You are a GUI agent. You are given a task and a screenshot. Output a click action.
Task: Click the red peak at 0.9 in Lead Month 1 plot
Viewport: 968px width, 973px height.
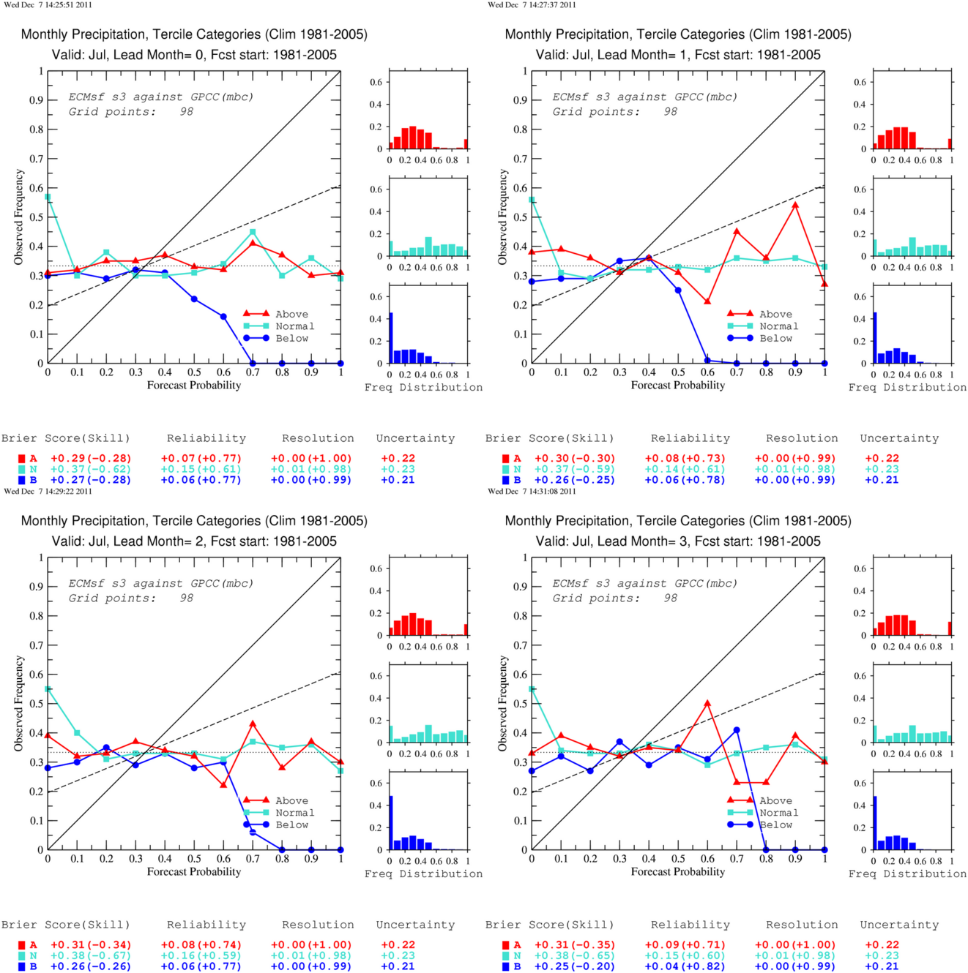(x=795, y=205)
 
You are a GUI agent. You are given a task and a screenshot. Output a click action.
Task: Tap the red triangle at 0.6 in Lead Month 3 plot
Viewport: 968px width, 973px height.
(x=707, y=703)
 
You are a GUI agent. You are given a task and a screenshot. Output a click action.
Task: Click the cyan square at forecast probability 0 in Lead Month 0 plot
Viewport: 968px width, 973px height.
(x=48, y=197)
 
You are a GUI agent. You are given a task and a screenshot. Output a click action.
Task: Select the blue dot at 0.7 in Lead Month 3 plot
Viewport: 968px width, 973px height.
(x=737, y=730)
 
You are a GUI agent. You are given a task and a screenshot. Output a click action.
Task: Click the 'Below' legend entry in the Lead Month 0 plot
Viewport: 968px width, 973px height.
(x=291, y=338)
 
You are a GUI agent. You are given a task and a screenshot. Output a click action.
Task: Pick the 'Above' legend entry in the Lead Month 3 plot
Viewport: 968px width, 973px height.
(x=775, y=801)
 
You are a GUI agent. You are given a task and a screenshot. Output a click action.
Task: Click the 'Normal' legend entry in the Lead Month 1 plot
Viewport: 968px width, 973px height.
(x=779, y=326)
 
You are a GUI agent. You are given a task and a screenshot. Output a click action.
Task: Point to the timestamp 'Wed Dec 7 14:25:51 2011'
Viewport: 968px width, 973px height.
(x=48, y=5)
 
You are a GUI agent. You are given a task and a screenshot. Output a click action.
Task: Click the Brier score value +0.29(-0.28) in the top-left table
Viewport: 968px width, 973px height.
(x=91, y=459)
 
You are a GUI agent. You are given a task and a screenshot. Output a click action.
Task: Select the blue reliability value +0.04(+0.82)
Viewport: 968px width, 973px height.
(x=685, y=966)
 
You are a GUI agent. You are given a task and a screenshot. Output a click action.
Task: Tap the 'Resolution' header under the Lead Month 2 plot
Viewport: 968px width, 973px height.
(x=318, y=925)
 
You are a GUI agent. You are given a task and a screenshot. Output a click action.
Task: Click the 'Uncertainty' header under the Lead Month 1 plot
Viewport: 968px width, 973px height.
(x=899, y=438)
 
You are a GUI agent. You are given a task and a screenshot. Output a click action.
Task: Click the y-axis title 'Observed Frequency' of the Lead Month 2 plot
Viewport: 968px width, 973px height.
(x=19, y=703)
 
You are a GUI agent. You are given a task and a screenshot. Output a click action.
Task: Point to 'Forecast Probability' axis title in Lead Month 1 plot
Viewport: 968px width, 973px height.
(x=678, y=386)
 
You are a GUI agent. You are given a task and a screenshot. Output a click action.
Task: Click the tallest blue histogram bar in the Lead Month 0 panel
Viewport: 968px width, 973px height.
(x=391, y=338)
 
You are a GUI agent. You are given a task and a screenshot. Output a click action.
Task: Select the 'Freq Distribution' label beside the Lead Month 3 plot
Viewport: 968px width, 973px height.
(x=907, y=874)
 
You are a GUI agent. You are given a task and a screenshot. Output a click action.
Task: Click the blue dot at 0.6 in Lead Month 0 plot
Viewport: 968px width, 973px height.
(x=223, y=317)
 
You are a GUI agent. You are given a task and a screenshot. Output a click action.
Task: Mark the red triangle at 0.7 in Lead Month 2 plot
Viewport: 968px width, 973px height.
(x=253, y=724)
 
